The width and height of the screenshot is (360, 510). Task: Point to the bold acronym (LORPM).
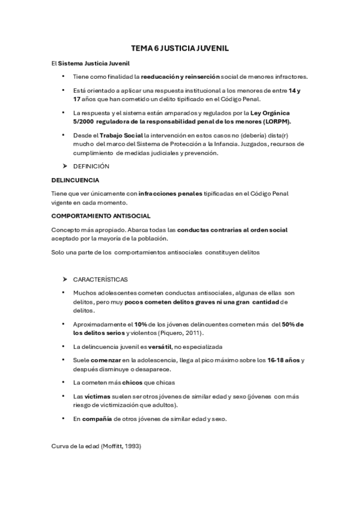281,121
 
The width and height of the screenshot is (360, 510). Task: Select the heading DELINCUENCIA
75,179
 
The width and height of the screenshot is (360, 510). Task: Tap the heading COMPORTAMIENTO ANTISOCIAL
100,215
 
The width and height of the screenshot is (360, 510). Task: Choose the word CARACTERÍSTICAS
100,280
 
